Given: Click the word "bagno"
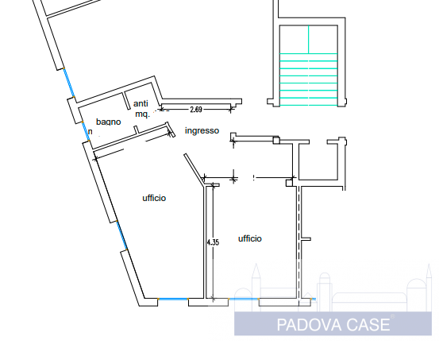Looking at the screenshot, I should pyautogui.click(x=109, y=122).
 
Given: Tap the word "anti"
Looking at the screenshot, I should pyautogui.click(x=141, y=103).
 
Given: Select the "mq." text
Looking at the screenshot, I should pyautogui.click(x=142, y=114).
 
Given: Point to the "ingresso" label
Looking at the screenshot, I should pyautogui.click(x=202, y=130).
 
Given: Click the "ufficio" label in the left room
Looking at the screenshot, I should pyautogui.click(x=154, y=198).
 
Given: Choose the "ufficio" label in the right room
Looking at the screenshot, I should pyautogui.click(x=249, y=238).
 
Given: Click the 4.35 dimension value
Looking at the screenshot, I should pyautogui.click(x=213, y=242).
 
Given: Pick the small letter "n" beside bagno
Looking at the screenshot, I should pyautogui.click(x=90, y=131).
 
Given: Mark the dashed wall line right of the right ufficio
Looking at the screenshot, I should pyautogui.click(x=298, y=238).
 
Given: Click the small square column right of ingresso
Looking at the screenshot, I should pyautogui.click(x=276, y=141).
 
